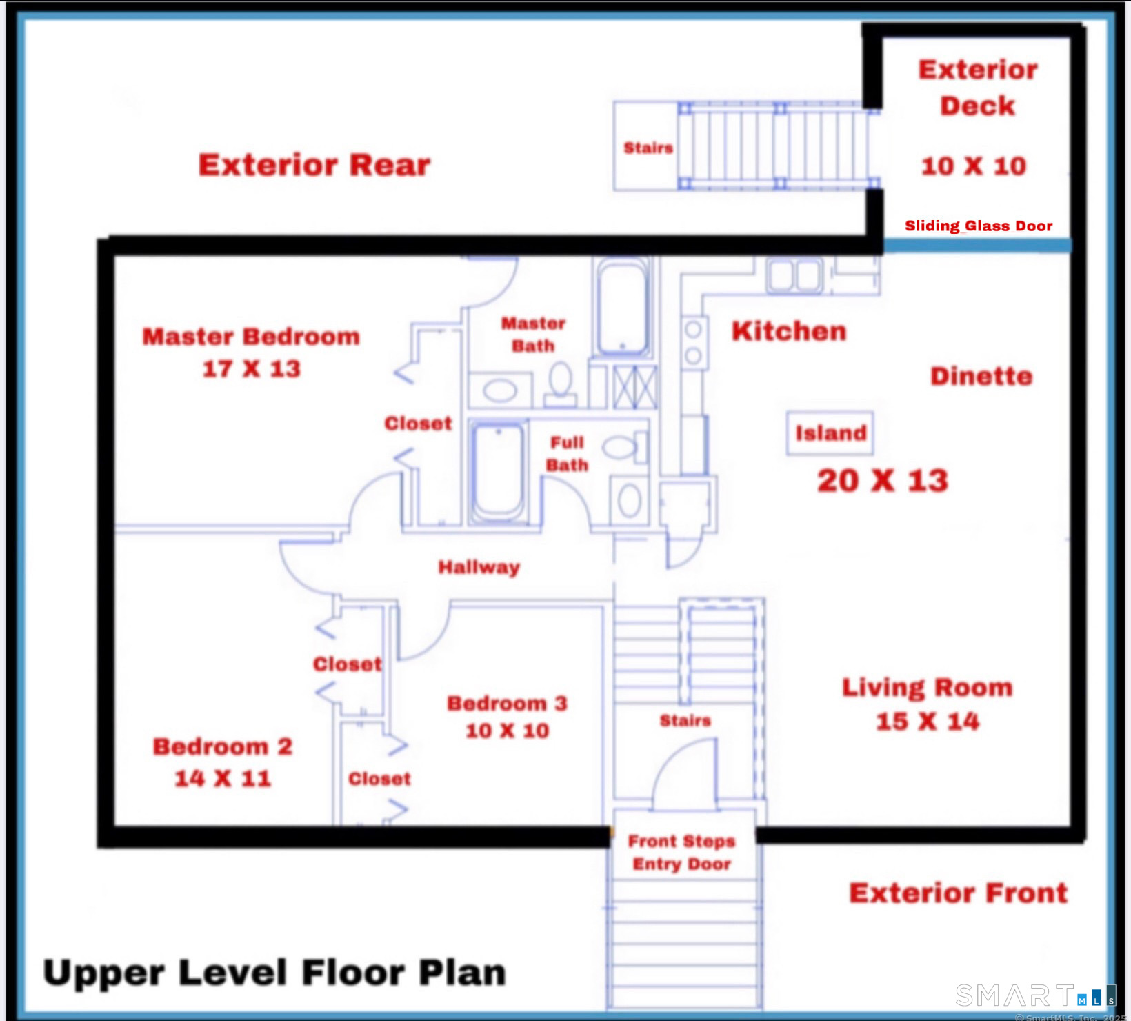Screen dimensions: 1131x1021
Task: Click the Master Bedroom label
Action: point(251,336)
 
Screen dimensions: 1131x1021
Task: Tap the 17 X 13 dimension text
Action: point(251,368)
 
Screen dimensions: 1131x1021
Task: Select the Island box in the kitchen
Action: point(830,433)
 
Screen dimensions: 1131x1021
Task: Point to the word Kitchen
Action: point(789,331)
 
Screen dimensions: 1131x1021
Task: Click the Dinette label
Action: point(981,376)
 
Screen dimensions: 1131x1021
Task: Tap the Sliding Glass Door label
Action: point(979,226)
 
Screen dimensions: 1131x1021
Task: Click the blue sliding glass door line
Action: point(977,246)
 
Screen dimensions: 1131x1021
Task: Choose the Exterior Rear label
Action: point(314,165)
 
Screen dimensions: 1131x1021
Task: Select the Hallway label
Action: point(479,567)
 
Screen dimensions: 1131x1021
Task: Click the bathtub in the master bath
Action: point(623,307)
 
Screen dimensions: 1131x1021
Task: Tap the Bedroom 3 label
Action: point(507,703)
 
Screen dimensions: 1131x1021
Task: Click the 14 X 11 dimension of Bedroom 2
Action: point(223,778)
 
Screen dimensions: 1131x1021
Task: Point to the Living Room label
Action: point(928,687)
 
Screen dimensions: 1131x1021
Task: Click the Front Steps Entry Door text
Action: point(681,852)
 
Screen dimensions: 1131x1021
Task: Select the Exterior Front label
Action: point(959,893)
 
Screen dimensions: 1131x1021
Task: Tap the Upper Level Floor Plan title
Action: point(274,972)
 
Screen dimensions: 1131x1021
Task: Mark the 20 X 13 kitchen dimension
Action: point(883,481)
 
